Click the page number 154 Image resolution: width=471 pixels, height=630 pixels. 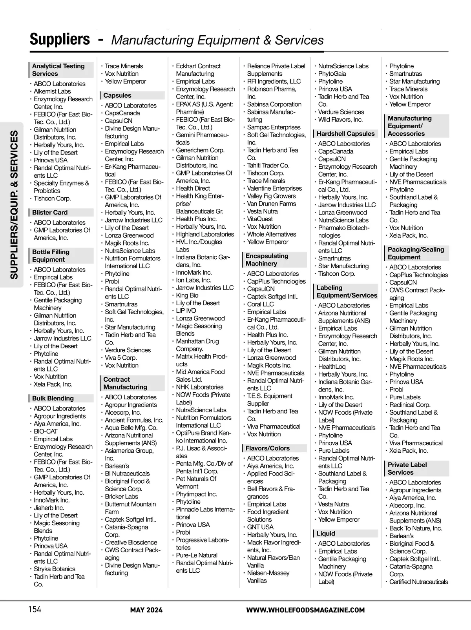click(x=35, y=609)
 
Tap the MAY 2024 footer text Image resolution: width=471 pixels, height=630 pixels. click(x=146, y=610)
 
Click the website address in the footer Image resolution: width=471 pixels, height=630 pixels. click(x=305, y=610)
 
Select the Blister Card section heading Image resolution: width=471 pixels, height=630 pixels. click(x=50, y=212)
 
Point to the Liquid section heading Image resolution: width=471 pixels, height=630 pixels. click(x=326, y=533)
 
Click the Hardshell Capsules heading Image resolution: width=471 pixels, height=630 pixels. click(x=345, y=133)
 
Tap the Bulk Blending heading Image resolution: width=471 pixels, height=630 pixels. click(x=53, y=398)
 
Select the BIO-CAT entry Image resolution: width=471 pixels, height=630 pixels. click(x=46, y=431)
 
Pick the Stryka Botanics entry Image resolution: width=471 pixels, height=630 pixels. click(x=54, y=569)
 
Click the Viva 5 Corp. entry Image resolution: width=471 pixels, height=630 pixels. click(x=120, y=358)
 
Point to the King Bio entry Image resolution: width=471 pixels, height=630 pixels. click(x=187, y=295)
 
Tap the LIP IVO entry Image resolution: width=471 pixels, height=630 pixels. click(x=186, y=311)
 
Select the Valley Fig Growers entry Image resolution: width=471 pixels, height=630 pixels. click(x=271, y=196)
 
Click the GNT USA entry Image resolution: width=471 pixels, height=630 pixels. click(x=260, y=527)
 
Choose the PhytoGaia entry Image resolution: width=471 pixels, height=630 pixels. click(x=332, y=74)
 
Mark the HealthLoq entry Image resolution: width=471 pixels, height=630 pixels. click(x=332, y=366)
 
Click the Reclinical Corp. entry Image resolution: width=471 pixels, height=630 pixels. click(x=410, y=404)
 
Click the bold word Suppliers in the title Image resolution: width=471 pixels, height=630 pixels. click(x=60, y=39)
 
